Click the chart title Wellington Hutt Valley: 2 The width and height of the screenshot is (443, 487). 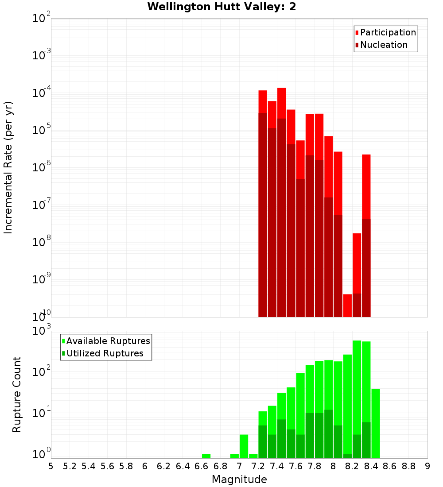click(221, 7)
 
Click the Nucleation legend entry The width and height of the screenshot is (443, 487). click(383, 45)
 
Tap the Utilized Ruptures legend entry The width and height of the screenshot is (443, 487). click(105, 353)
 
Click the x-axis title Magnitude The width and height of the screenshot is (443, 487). click(239, 479)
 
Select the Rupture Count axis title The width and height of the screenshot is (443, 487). click(16, 394)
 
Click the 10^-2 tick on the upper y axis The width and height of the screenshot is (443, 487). click(42, 19)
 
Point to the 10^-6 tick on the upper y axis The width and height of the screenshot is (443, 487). click(42, 168)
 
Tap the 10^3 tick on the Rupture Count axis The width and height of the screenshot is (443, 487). click(42, 331)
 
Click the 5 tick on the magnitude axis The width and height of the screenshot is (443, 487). click(51, 466)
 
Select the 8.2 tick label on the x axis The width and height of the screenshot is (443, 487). click(352, 466)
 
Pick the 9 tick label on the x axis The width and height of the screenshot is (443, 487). click(427, 466)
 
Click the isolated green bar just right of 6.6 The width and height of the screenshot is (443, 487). click(206, 456)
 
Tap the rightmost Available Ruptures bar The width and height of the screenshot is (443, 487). click(376, 423)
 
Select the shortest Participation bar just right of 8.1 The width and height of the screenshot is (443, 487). click(347, 305)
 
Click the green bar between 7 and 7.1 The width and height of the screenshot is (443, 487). click(244, 446)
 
